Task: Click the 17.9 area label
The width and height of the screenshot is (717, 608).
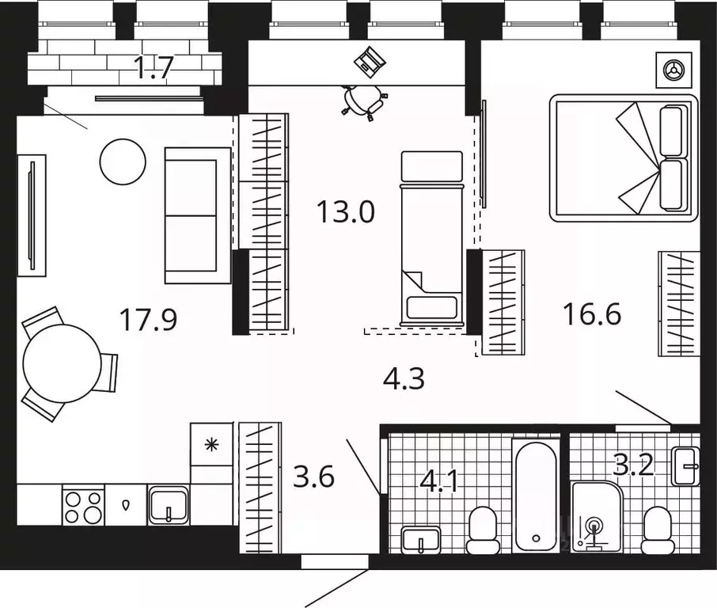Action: tap(148, 319)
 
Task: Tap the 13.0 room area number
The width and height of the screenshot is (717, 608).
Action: tap(346, 212)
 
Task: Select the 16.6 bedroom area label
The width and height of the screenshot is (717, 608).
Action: tap(592, 313)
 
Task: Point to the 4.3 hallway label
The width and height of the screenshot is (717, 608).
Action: tap(404, 378)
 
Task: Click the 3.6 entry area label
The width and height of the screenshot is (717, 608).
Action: tap(313, 477)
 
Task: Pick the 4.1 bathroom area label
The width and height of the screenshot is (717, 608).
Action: tap(440, 482)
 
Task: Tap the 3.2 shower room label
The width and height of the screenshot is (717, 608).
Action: tap(633, 465)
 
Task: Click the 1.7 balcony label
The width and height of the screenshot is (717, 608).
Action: tap(154, 67)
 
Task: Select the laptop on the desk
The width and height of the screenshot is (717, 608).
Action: tap(370, 61)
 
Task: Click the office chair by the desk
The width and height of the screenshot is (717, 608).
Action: tap(365, 103)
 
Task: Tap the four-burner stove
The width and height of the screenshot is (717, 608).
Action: tap(83, 507)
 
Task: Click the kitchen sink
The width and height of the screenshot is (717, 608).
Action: tap(169, 506)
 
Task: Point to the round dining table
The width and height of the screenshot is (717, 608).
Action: tap(63, 363)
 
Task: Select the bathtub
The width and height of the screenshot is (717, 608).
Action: tap(536, 496)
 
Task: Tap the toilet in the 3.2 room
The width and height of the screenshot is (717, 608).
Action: tap(657, 530)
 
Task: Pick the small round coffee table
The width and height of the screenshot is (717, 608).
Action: tap(123, 161)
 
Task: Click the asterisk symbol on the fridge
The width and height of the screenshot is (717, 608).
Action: tap(211, 444)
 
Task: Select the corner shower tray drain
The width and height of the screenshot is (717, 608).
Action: tap(595, 525)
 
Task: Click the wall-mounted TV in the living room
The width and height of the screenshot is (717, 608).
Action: tap(32, 215)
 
